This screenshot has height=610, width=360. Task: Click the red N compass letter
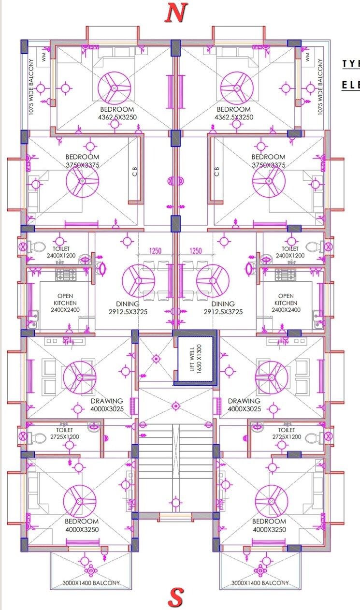[176, 13]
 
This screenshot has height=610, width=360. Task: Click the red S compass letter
[175, 598]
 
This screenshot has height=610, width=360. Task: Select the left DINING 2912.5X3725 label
[128, 308]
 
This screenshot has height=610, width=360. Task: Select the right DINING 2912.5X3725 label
[223, 308]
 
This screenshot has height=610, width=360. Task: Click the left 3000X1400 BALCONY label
[91, 583]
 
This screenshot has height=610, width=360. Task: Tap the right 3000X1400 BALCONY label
[260, 583]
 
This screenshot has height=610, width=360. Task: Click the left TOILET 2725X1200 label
[64, 433]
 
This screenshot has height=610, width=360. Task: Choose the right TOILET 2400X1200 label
[290, 251]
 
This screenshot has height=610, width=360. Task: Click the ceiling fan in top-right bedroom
[237, 88]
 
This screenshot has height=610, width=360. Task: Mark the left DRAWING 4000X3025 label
[107, 405]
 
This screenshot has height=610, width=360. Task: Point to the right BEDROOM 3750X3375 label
[269, 161]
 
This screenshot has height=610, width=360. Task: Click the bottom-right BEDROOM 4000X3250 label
[269, 525]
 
